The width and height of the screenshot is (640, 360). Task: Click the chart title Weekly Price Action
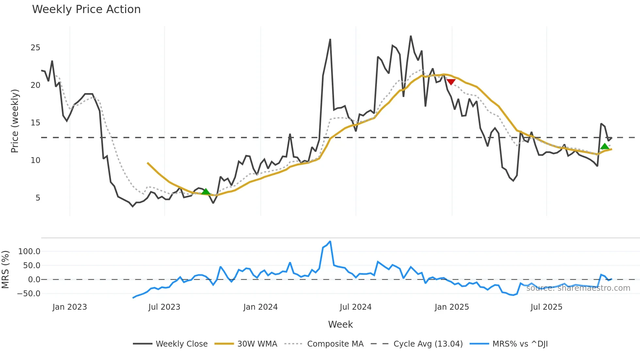[x=86, y=9]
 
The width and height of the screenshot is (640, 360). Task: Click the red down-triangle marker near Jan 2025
[x=451, y=82]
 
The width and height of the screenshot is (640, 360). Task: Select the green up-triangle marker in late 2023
[x=206, y=191]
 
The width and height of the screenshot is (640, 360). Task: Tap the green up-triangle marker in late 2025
[x=605, y=146]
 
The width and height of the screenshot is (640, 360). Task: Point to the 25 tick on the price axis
[x=35, y=48]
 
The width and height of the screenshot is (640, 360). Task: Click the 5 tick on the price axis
[x=38, y=198]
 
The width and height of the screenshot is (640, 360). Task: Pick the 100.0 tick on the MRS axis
[x=29, y=252]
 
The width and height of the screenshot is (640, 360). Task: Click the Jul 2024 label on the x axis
[x=356, y=307]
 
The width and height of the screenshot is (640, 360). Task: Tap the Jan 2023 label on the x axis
[x=70, y=307]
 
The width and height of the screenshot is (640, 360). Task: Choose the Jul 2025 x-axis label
[x=546, y=307]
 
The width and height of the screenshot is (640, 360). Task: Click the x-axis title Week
[x=340, y=324]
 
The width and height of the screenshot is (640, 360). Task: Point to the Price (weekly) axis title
[x=15, y=121]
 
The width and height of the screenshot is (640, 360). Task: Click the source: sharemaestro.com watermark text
[x=578, y=288]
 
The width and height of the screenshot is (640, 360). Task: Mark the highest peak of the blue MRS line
[x=330, y=241]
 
